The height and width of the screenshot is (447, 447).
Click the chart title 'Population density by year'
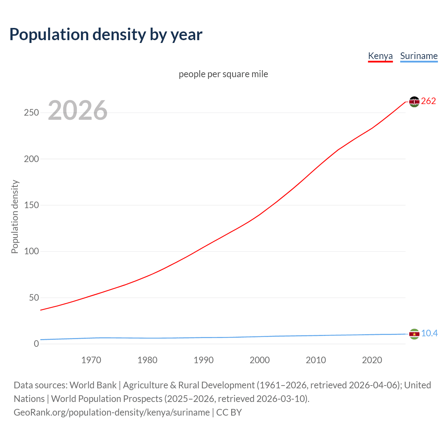click(106, 35)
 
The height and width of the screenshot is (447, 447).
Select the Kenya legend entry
click(380, 56)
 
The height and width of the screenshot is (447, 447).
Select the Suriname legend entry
click(419, 56)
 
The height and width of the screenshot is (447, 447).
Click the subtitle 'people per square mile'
click(223, 74)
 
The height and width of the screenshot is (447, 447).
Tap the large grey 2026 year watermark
click(78, 110)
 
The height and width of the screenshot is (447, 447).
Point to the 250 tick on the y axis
click(31, 113)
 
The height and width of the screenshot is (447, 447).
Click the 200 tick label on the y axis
click(31, 159)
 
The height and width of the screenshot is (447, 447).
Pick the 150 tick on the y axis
click(31, 205)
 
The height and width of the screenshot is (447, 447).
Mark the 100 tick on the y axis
click(31, 251)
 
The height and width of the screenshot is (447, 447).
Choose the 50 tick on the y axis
click(34, 298)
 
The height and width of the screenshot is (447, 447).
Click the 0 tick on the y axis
click(36, 344)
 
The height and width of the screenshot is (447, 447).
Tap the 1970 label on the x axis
click(91, 360)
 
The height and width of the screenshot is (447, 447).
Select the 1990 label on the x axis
click(204, 360)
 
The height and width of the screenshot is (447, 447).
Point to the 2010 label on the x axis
click(316, 360)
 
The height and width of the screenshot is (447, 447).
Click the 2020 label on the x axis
click(372, 360)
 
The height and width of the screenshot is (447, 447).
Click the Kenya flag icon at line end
click(414, 102)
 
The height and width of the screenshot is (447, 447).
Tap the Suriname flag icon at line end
click(414, 334)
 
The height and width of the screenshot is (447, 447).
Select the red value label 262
click(428, 101)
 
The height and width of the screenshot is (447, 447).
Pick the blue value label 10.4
click(429, 334)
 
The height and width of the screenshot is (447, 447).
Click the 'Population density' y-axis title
click(15, 217)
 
